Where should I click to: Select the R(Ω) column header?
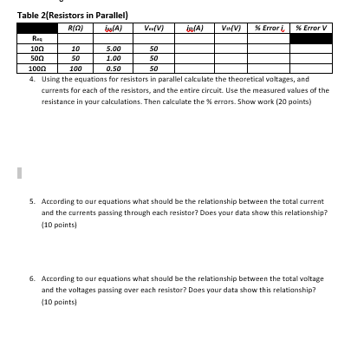pyautogui.click(x=75, y=29)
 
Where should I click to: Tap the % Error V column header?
pyautogui.click(x=311, y=29)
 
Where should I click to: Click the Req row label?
pyautogui.click(x=35, y=38)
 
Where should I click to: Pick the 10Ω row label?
pyautogui.click(x=36, y=48)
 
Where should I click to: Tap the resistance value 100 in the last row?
pyautogui.click(x=75, y=67)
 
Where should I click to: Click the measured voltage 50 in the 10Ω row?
pyautogui.click(x=153, y=48)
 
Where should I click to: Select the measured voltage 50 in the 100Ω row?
pyautogui.click(x=153, y=67)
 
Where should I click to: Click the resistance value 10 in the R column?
pyautogui.click(x=75, y=48)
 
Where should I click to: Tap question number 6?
pyautogui.click(x=32, y=279)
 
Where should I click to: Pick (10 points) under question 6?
pyautogui.click(x=61, y=304)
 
